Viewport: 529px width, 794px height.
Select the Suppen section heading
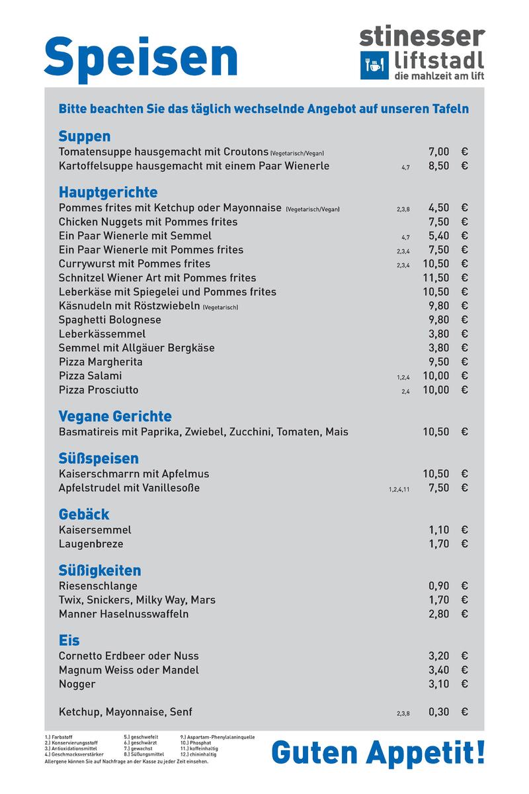[x=84, y=136]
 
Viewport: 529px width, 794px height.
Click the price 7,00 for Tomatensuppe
[x=438, y=152]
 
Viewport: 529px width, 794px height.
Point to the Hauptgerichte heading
[x=108, y=193]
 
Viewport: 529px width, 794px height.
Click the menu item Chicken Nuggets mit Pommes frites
[x=147, y=222]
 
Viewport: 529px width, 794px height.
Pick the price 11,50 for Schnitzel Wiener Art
[x=436, y=278]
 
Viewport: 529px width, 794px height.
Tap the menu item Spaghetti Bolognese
[x=110, y=320]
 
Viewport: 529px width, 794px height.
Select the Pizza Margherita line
[x=101, y=362]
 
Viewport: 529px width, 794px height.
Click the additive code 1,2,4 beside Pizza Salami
[x=403, y=377]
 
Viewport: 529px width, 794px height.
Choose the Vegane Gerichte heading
[x=115, y=416]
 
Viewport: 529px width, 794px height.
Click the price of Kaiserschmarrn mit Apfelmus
[x=436, y=474]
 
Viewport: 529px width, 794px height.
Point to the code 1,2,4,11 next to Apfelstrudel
[x=399, y=490]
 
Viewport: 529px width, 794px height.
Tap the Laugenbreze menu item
[x=91, y=544]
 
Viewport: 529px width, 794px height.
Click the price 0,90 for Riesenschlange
[x=438, y=586]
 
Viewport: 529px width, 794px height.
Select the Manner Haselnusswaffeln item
[x=124, y=614]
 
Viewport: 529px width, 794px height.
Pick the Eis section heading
[x=69, y=640]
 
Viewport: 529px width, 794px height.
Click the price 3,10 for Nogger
[x=438, y=684]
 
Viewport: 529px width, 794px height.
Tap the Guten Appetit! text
[x=378, y=752]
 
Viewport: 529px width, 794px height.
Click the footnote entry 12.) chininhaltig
[x=198, y=754]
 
